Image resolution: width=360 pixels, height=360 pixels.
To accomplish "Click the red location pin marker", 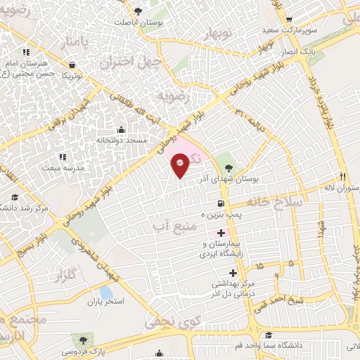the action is pyautogui.click(x=180, y=166).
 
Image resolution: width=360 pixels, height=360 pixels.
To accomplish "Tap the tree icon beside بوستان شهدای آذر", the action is pyautogui.click(x=230, y=167).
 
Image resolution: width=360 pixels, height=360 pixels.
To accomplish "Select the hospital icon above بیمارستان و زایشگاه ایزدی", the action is pyautogui.click(x=221, y=233).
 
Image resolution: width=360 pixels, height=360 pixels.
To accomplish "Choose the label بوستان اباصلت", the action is pyautogui.click(x=134, y=22).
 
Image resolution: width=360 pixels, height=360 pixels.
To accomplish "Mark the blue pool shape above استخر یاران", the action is pyautogui.click(x=106, y=292).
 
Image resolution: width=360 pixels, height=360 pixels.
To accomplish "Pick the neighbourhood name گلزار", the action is pyautogui.click(x=65, y=276).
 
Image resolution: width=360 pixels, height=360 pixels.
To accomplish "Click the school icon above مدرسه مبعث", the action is pyautogui.click(x=62, y=157).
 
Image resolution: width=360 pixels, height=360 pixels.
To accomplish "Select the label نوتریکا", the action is pyautogui.click(x=72, y=75).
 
